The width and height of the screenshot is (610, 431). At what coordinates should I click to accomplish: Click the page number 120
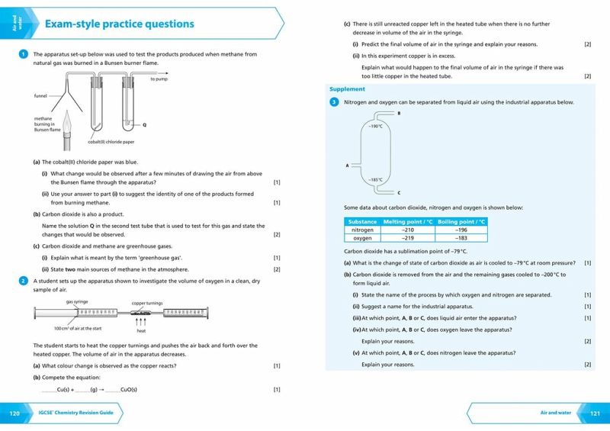click(x=14, y=413)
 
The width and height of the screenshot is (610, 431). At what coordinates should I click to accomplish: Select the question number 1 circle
click(x=24, y=54)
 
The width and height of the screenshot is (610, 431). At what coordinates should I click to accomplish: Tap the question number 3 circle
click(x=334, y=102)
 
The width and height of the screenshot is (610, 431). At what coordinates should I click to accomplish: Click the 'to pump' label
click(x=159, y=79)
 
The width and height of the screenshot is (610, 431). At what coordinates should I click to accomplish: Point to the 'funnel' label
click(x=40, y=95)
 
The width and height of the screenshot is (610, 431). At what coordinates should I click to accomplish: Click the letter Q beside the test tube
click(x=144, y=124)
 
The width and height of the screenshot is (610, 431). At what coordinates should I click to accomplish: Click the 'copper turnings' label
click(x=147, y=303)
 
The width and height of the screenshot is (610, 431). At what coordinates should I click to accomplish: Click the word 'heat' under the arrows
click(x=141, y=331)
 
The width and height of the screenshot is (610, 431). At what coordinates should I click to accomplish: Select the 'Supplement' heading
click(x=347, y=89)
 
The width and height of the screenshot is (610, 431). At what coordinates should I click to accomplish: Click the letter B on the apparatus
click(x=399, y=113)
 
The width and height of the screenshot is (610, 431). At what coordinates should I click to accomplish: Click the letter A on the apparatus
click(x=347, y=165)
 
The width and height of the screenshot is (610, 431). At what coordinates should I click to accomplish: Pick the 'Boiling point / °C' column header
click(x=462, y=221)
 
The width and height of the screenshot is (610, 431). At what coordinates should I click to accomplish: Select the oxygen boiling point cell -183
click(x=461, y=238)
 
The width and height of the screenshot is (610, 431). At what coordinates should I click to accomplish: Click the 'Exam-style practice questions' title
click(x=119, y=24)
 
